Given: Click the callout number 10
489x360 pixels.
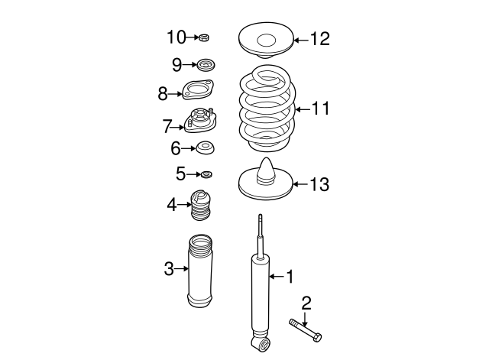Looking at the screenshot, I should pyautogui.click(x=176, y=36).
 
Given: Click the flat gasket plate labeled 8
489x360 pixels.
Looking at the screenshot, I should pyautogui.click(x=198, y=92).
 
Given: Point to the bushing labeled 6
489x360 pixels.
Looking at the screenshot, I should pyautogui.click(x=204, y=148).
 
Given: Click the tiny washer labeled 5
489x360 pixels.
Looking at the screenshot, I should pyautogui.click(x=206, y=174).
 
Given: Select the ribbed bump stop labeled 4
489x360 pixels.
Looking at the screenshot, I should pyautogui.click(x=202, y=204).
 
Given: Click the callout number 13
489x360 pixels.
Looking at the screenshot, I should pyautogui.click(x=319, y=183).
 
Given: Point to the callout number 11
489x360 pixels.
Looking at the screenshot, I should pyautogui.click(x=320, y=109).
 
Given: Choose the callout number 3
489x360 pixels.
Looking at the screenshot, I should pyautogui.click(x=169, y=268).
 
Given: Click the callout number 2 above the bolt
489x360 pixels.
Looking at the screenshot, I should pyautogui.click(x=306, y=303).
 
